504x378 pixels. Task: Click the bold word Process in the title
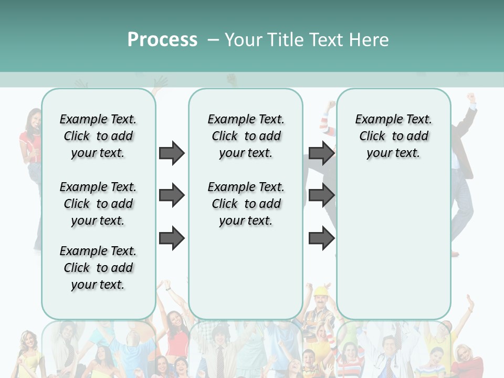click(x=162, y=39)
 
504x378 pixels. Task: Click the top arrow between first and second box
click(x=172, y=153)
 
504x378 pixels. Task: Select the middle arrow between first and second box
click(x=172, y=196)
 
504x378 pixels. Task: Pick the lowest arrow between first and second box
click(x=172, y=238)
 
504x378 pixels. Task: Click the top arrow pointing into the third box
click(x=321, y=153)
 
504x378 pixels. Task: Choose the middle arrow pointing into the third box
click(x=321, y=196)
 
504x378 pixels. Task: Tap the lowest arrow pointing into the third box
click(x=321, y=238)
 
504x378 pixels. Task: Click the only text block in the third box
click(x=393, y=136)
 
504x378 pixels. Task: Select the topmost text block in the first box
click(x=98, y=136)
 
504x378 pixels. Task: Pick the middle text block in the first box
click(x=98, y=204)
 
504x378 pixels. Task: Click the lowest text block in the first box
click(x=98, y=268)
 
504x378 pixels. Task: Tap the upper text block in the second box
click(x=246, y=136)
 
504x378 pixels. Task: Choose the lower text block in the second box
click(x=246, y=204)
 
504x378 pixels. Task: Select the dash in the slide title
click(x=213, y=40)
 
